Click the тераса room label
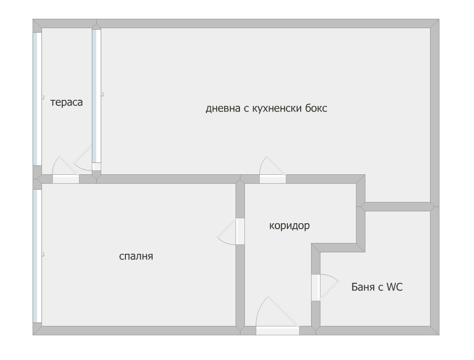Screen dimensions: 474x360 (x=67, y=102)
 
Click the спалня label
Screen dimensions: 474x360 (x=136, y=256)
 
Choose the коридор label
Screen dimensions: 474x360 (x=289, y=226)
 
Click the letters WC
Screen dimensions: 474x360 (x=395, y=286)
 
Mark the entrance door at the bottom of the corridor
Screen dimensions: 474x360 (x=277, y=315)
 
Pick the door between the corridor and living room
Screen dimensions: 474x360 (x=273, y=169)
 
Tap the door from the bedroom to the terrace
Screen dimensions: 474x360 (x=66, y=170)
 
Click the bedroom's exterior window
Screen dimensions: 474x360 (x=37, y=256)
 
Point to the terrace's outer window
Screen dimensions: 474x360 (x=37, y=99)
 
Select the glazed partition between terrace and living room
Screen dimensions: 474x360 (x=96, y=96)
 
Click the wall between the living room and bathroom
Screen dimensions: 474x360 (x=397, y=207)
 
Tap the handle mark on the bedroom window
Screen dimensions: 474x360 (x=43, y=254)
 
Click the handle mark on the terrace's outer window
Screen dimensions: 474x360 (x=43, y=97)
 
